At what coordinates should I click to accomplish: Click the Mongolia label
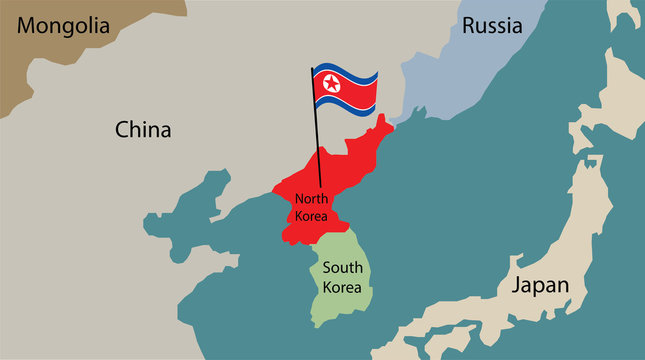click(x=64, y=28)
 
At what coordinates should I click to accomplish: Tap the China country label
click(x=143, y=130)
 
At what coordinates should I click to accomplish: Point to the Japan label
click(x=540, y=285)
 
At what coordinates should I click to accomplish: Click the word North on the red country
click(x=311, y=199)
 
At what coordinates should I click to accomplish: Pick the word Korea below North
click(x=311, y=215)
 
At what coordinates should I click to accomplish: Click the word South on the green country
click(x=342, y=267)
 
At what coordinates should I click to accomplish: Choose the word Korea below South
click(x=342, y=286)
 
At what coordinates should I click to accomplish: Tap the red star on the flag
click(x=331, y=87)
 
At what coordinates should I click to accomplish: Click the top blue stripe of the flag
click(x=345, y=72)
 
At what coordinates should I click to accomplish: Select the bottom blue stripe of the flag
click(x=345, y=103)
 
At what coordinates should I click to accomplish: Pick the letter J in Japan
click(x=517, y=285)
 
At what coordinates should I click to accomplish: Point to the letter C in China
click(x=123, y=130)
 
